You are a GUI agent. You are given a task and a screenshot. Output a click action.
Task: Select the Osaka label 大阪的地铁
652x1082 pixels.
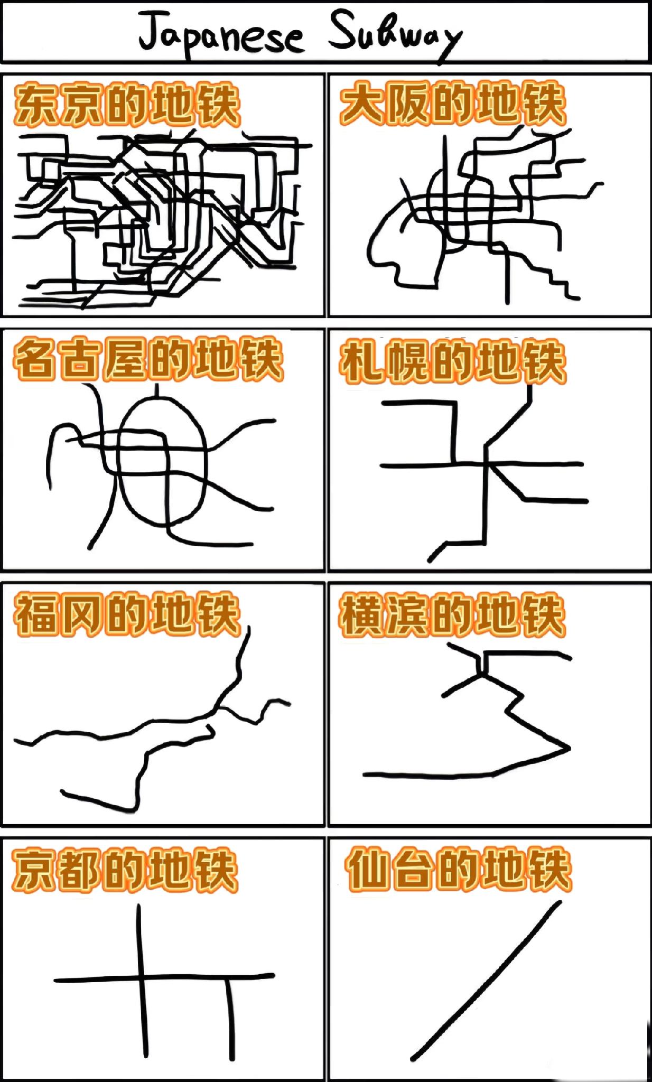[x=452, y=104]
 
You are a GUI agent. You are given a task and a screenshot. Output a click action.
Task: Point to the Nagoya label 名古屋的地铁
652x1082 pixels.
[x=148, y=359]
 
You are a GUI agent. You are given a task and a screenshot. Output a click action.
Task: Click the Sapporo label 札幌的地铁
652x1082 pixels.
[x=452, y=361]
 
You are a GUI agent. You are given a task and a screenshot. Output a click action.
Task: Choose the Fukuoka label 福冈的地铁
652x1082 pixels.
[x=127, y=614]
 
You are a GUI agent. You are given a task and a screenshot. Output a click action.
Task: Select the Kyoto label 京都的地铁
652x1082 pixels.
[x=125, y=870]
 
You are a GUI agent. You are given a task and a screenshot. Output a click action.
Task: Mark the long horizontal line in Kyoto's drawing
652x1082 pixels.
[x=164, y=978]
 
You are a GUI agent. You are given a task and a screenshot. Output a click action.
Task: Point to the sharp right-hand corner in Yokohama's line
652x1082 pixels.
[x=570, y=748]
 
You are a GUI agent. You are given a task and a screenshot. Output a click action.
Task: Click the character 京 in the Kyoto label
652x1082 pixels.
[x=33, y=870]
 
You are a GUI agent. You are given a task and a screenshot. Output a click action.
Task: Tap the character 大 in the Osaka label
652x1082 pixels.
[x=361, y=104]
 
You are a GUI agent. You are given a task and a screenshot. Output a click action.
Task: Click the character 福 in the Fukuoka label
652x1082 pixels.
[x=36, y=614]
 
